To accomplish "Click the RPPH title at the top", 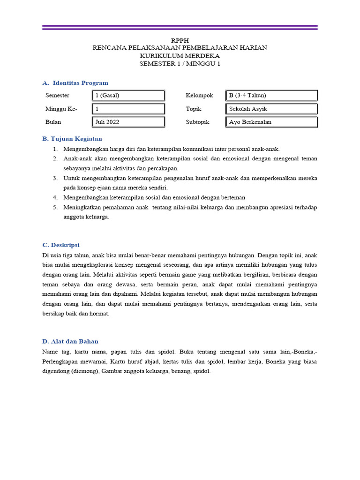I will point(180,40).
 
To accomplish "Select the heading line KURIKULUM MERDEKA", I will point(180,55).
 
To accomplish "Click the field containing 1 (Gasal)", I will point(128,96).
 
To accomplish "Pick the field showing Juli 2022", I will point(128,122).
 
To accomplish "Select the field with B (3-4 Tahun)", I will point(271,96).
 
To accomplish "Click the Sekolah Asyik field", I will point(271,109).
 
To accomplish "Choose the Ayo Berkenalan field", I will point(271,122).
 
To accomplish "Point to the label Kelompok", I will point(199,96).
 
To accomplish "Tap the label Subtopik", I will point(197,122).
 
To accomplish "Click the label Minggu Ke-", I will point(61,109).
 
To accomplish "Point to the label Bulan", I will point(53,122).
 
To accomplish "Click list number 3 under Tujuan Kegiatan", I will point(55,178).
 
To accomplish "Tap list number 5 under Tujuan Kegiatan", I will point(55,207).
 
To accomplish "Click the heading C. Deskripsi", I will point(61,245).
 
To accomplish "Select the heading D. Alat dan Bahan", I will point(70,341).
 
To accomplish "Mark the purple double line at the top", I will point(180,27).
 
